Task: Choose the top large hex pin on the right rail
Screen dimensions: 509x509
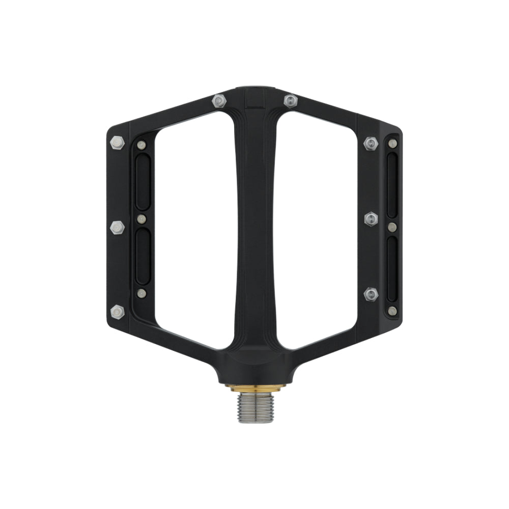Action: (x=370, y=144)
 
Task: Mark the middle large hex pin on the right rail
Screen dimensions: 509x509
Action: (x=371, y=218)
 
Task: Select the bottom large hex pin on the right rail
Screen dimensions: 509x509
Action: (x=371, y=294)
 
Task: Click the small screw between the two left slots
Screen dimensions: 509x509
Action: (x=142, y=219)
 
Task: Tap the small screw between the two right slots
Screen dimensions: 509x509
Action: (x=392, y=227)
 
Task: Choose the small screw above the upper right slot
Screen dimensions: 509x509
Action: (x=392, y=143)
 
